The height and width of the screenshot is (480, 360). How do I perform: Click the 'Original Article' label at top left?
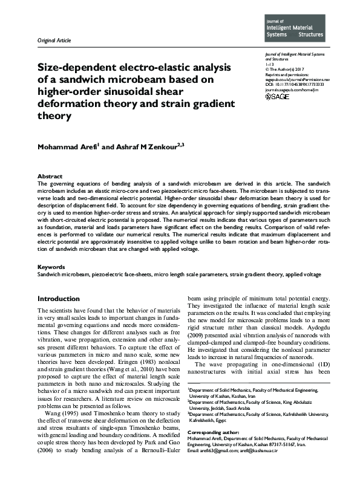(54, 41)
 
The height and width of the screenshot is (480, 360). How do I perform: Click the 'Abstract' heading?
(50, 177)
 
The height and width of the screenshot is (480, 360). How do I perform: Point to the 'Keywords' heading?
(51, 267)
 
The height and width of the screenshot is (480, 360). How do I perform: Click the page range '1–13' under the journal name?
(270, 64)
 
